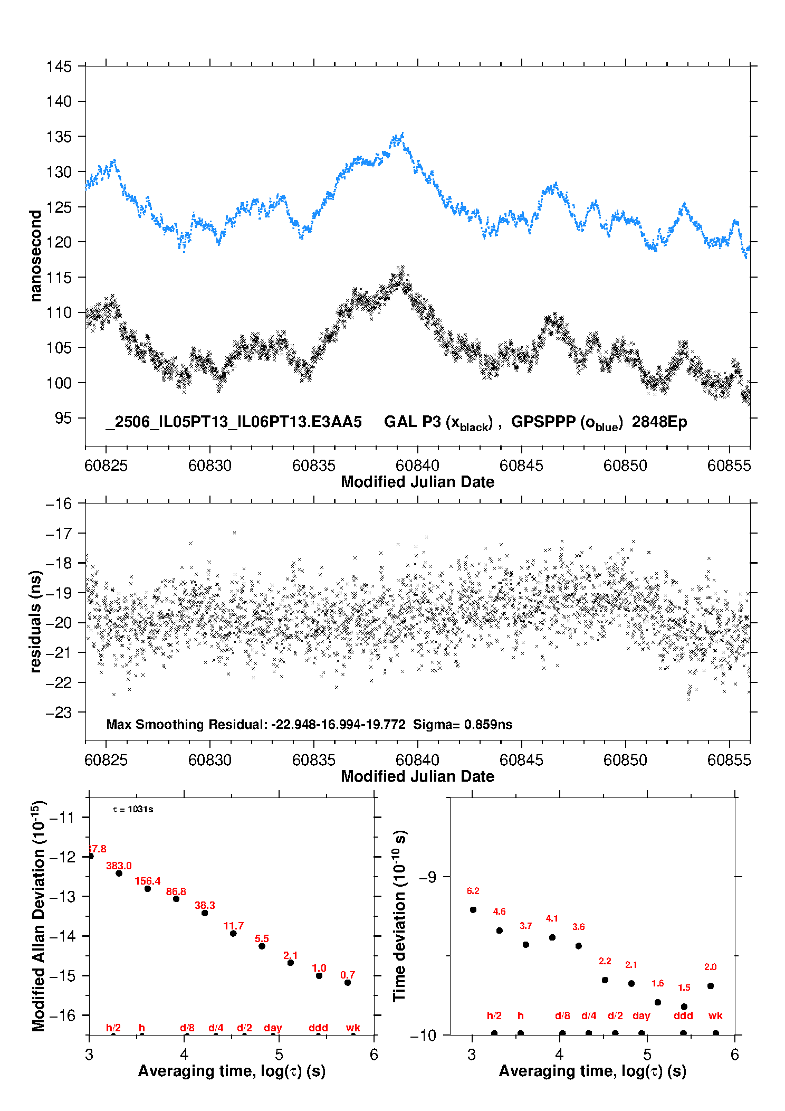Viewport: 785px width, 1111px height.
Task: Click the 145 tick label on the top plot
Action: click(59, 67)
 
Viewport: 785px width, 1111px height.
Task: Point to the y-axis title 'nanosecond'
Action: click(35, 256)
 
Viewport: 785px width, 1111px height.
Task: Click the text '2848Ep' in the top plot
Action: click(659, 422)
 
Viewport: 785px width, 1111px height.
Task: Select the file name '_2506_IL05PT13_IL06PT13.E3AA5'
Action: click(234, 422)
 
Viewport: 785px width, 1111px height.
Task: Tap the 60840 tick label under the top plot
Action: click(417, 466)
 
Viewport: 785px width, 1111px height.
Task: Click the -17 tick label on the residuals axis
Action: click(59, 534)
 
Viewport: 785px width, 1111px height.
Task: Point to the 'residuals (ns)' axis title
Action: click(35, 621)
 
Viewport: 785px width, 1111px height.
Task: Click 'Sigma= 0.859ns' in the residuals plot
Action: click(463, 724)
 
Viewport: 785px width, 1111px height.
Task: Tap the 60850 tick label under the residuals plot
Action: click(625, 760)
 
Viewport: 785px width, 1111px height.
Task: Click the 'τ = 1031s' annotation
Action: click(133, 809)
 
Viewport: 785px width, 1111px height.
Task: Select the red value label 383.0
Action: click(119, 866)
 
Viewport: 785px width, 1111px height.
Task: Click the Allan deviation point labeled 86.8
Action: click(176, 898)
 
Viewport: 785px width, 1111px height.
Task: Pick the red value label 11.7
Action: click(233, 926)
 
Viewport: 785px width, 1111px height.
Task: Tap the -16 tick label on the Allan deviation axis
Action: click(62, 1015)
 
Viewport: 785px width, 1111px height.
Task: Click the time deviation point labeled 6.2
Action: click(473, 909)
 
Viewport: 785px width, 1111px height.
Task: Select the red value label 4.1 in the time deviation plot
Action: click(552, 918)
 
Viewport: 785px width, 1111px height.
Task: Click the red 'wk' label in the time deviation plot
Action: click(715, 1015)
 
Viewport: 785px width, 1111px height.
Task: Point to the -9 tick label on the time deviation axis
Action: click(428, 877)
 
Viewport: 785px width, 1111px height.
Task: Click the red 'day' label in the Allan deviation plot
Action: click(273, 1028)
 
